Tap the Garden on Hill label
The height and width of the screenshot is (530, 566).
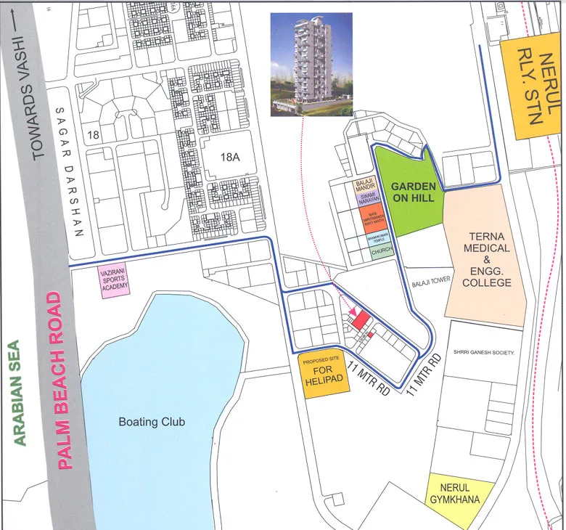413,192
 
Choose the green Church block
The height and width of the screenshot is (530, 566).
381,253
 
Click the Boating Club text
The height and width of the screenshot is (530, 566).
152,422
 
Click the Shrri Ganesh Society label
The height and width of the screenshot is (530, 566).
483,352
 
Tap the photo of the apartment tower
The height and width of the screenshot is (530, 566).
311,64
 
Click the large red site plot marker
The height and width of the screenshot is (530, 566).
361,320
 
